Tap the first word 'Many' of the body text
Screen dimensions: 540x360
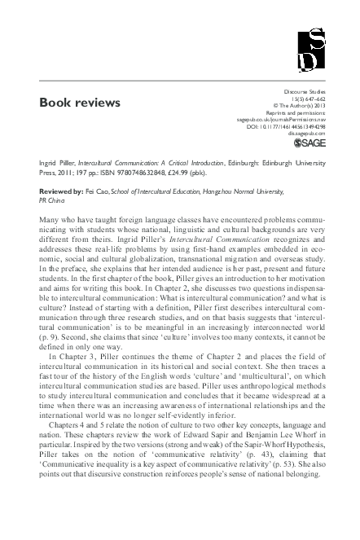49,221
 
